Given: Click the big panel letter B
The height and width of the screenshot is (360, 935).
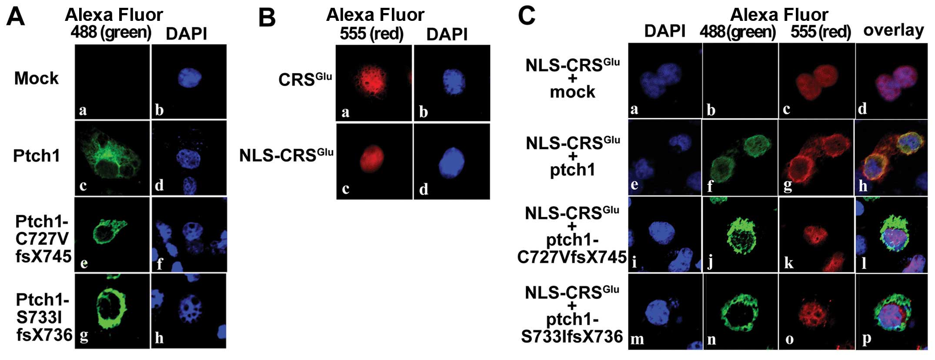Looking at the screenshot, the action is tap(267, 18).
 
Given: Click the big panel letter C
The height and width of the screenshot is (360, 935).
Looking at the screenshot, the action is tap(527, 17).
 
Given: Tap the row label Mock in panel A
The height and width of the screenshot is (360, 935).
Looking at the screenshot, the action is tap(36, 79).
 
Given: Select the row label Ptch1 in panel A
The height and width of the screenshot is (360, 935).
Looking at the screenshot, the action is tap(37, 156).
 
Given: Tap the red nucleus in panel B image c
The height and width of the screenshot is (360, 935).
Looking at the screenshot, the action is tap(372, 159).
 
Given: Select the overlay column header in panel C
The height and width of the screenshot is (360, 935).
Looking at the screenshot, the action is tap(893, 30).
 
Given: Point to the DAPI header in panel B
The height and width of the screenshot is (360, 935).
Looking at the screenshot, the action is tap(447, 34).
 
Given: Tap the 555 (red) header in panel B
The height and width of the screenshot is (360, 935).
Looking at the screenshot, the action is tap(371, 34).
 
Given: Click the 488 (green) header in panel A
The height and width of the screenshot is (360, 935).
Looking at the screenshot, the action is tap(111, 33).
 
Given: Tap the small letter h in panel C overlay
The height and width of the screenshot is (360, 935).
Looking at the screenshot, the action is tap(863, 186).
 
